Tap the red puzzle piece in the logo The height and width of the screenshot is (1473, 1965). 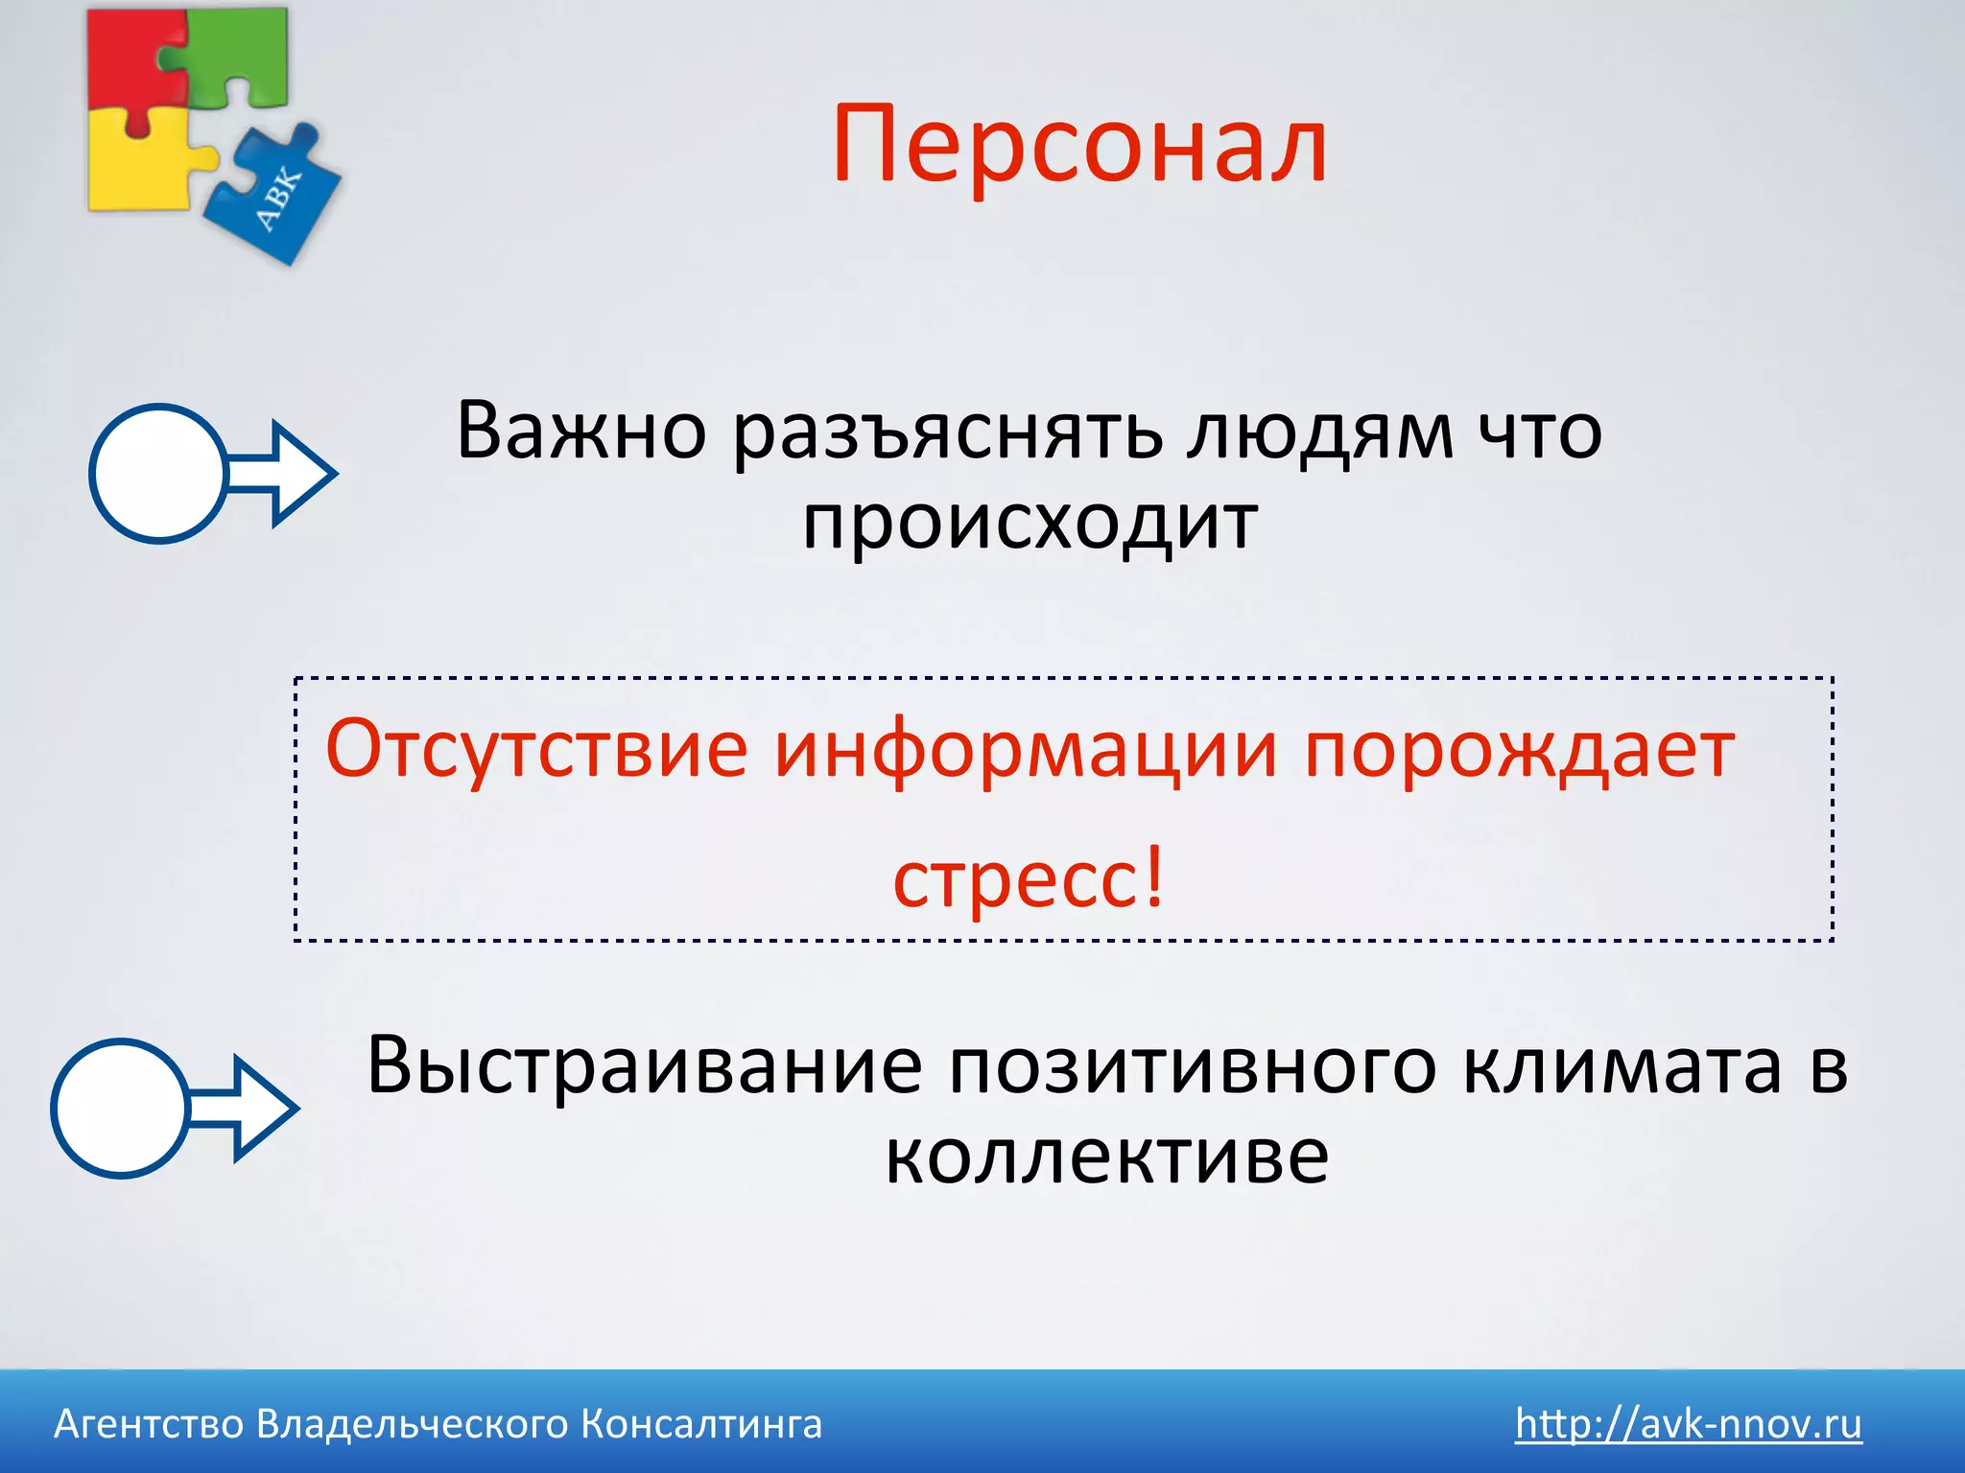pyautogui.click(x=125, y=58)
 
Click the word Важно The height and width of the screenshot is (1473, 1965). pyautogui.click(x=580, y=432)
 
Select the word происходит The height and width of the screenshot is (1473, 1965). pyautogui.click(x=1030, y=524)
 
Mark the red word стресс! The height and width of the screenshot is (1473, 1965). pyautogui.click(x=1029, y=877)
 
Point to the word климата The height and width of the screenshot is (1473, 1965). pyautogui.click(x=1622, y=1066)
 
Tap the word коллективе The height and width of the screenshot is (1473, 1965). pyautogui.click(x=1106, y=1157)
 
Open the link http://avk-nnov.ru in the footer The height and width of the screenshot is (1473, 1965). pyautogui.click(x=1688, y=1424)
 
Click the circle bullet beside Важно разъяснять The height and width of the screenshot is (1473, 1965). pyautogui.click(x=158, y=473)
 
